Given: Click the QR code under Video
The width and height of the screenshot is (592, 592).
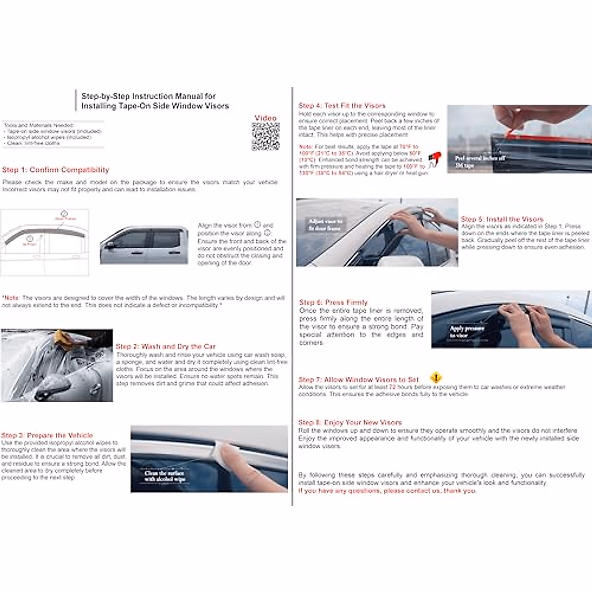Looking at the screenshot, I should (265, 137).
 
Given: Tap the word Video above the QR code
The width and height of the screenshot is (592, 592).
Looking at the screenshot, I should (265, 118).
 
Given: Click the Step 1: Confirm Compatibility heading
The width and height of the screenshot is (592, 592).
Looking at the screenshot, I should (55, 170).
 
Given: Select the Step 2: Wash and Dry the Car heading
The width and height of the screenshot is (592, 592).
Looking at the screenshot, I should (165, 346).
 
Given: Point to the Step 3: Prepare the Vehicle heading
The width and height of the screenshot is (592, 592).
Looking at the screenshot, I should (47, 435).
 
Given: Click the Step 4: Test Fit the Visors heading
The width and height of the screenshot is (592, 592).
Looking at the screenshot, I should (342, 106).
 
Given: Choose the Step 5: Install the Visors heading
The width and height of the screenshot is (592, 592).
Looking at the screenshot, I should (502, 219).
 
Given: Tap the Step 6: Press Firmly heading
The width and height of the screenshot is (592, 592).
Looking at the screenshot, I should (333, 302).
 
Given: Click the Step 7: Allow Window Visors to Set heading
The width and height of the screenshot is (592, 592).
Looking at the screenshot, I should (359, 379).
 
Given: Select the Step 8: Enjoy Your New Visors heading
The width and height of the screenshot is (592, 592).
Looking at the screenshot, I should (350, 422).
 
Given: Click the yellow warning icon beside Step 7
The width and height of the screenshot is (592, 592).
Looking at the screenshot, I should (436, 378).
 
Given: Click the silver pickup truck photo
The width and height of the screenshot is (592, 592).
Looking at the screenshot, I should (144, 245).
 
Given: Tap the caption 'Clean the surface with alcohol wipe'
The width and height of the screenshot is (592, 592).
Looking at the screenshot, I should (165, 476).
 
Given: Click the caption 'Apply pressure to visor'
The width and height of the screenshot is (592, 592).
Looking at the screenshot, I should (467, 332).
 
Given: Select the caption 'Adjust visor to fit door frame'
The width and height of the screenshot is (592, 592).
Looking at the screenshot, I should (326, 225).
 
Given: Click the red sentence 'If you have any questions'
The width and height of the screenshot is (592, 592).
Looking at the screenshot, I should (387, 491).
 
